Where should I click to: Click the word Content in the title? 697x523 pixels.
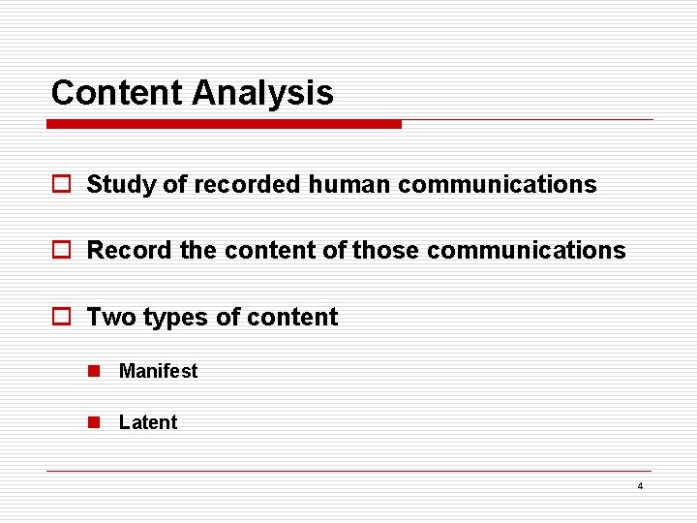117,93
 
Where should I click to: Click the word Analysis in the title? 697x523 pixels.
262,93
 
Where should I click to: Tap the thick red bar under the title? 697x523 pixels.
225,124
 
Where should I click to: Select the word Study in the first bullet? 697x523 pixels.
121,184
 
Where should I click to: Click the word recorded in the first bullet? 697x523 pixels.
247,184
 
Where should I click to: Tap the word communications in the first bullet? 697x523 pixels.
497,184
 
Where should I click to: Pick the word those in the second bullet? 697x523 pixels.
386,250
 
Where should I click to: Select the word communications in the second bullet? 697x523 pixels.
526,250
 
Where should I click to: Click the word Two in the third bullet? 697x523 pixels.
111,317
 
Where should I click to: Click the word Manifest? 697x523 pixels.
158,371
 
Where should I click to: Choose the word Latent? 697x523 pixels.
148,422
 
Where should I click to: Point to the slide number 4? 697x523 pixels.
640,485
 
